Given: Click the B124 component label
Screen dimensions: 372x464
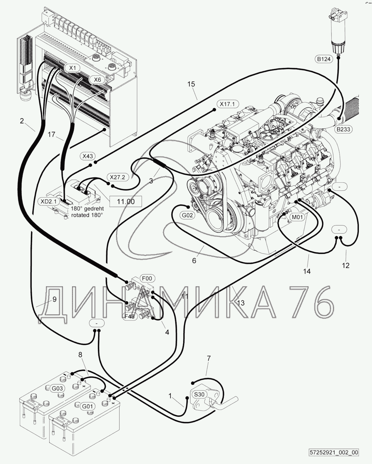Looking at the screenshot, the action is tap(324, 59).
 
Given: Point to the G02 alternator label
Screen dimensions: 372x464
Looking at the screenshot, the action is tap(187, 216).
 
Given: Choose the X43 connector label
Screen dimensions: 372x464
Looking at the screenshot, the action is tap(88, 156).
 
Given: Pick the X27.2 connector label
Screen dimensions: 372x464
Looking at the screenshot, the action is tap(117, 177).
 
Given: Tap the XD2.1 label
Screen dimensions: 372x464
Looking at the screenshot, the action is tap(49, 201).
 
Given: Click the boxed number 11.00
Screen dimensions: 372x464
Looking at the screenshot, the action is tap(126, 202).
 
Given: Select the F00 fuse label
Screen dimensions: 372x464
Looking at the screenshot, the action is tap(148, 278).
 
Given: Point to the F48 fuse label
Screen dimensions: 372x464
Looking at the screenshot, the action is tap(130, 316).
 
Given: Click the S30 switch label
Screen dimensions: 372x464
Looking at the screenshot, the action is tap(199, 394).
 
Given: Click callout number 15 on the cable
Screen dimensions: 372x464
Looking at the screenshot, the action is tap(191, 84).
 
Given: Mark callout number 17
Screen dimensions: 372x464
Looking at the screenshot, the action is tap(51, 134).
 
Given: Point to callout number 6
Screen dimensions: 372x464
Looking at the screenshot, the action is tap(194, 260).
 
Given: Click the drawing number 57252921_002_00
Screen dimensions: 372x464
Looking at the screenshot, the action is tap(334, 453).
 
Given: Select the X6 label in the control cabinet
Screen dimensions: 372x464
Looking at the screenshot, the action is tap(97, 79).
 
